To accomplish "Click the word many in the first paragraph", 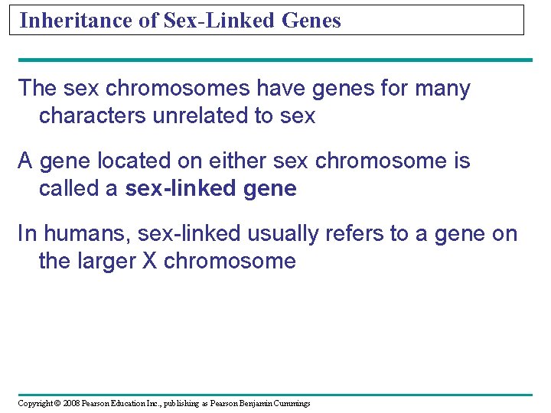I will (x=442, y=89).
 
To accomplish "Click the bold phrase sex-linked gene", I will (x=210, y=189).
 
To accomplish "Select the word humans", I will (x=81, y=234).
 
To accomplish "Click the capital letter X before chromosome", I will (x=150, y=262).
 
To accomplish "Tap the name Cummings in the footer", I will (x=291, y=403).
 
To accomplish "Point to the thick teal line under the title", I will (x=275, y=60).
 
